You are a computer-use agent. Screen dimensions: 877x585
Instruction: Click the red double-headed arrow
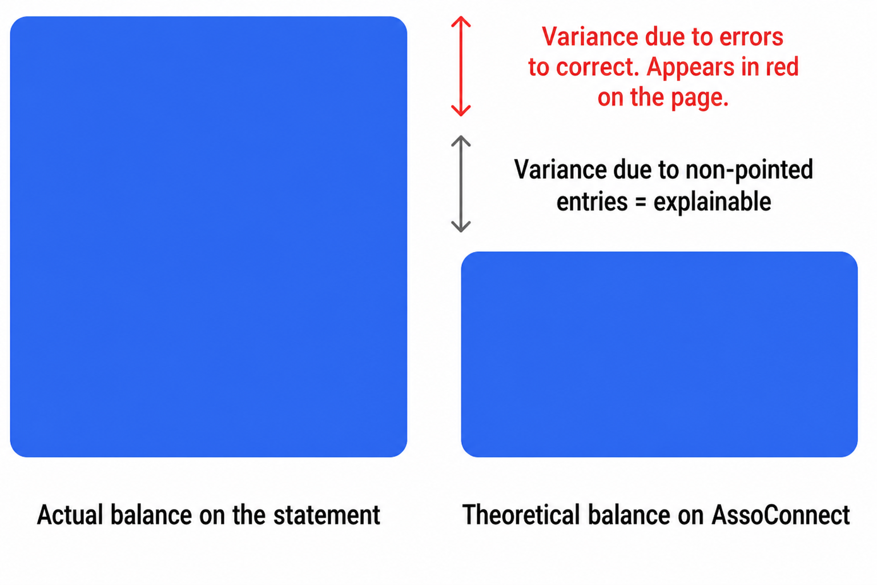pos(461,66)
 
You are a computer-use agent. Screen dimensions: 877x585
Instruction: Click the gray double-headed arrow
pos(461,184)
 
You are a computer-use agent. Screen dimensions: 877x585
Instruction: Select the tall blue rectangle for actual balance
pos(208,237)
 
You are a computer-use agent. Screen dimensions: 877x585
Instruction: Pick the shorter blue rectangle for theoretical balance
pos(659,354)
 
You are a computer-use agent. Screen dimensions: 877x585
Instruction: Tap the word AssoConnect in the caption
pos(781,515)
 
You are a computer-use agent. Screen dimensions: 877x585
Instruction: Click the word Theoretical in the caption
pos(521,515)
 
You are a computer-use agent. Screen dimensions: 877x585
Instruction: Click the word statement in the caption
pos(327,515)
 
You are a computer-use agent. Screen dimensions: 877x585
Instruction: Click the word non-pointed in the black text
pos(749,170)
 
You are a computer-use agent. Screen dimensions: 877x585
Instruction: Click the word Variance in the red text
pos(590,37)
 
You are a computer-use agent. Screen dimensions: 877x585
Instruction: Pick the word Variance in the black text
pos(560,170)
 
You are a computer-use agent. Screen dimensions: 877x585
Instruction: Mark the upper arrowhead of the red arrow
pos(461,21)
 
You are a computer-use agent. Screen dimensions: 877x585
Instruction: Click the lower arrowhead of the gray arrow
pos(461,227)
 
